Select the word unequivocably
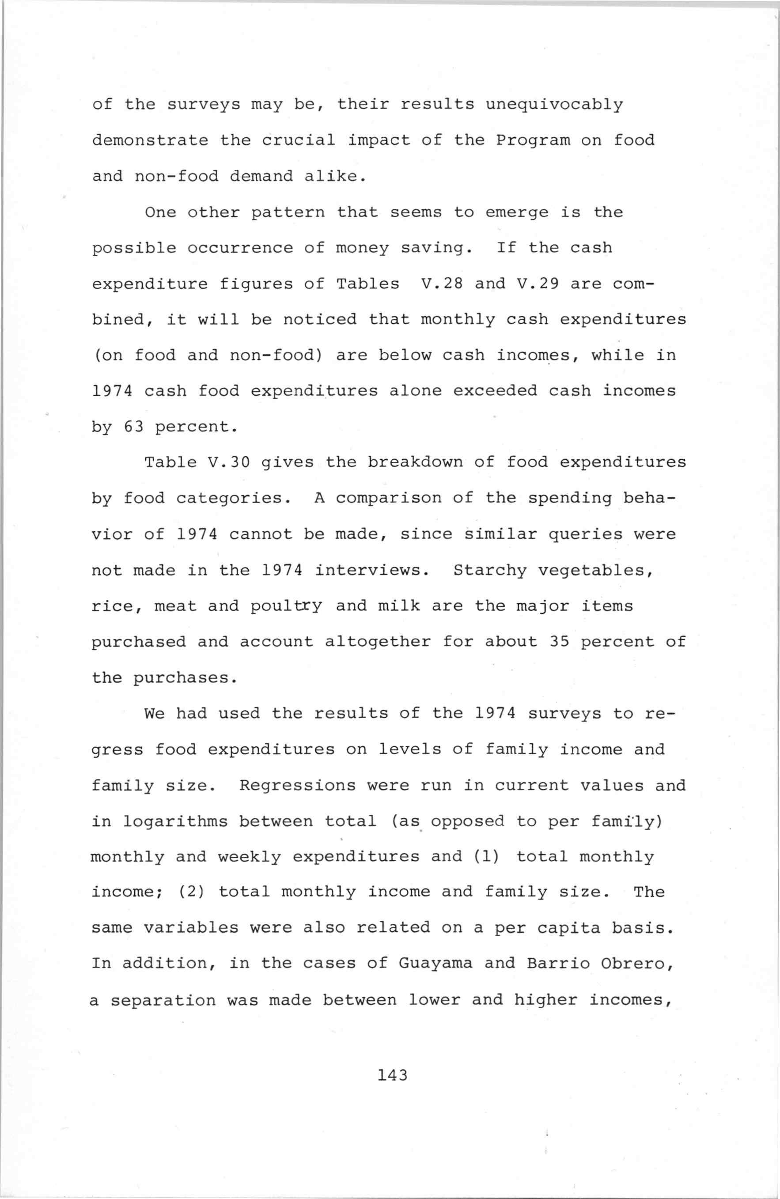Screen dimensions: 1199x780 pyautogui.click(x=554, y=105)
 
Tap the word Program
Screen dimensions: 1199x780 pyautogui.click(x=533, y=140)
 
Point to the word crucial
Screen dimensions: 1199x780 pyautogui.click(x=298, y=140)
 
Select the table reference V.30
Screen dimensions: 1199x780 pyautogui.click(x=229, y=462)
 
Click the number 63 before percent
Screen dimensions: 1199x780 pyautogui.click(x=133, y=427)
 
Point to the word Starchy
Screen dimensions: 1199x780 pyautogui.click(x=490, y=570)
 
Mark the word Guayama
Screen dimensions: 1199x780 pyautogui.click(x=436, y=963)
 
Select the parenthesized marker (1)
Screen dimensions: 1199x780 pyautogui.click(x=487, y=856)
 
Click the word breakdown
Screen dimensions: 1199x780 pyautogui.click(x=415, y=462)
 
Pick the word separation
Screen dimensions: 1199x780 pyautogui.click(x=163, y=999)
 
